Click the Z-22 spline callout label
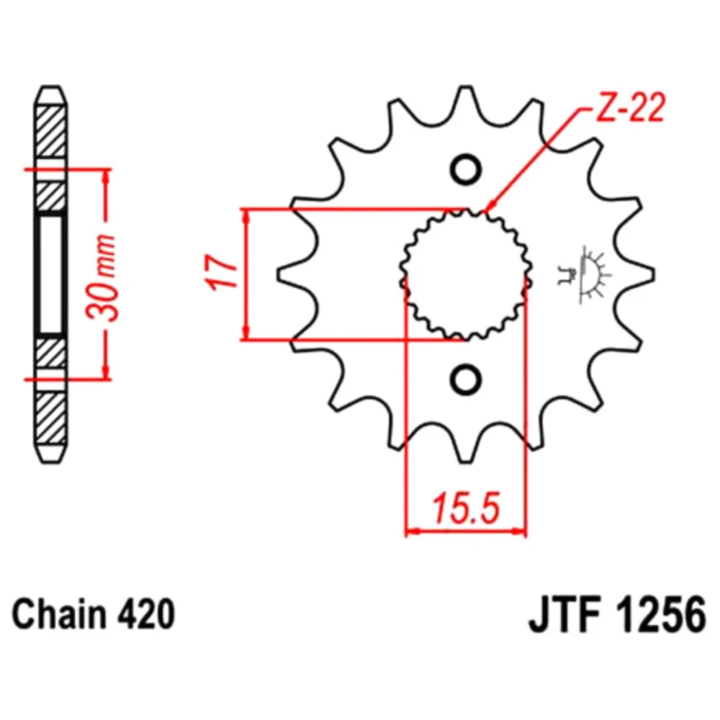630,109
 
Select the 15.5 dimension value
465,508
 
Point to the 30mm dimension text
103,277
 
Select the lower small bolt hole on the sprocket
466,379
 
